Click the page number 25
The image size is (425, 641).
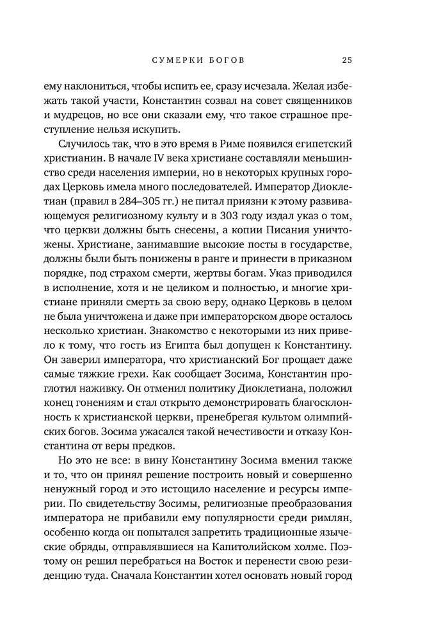[x=346, y=60]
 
